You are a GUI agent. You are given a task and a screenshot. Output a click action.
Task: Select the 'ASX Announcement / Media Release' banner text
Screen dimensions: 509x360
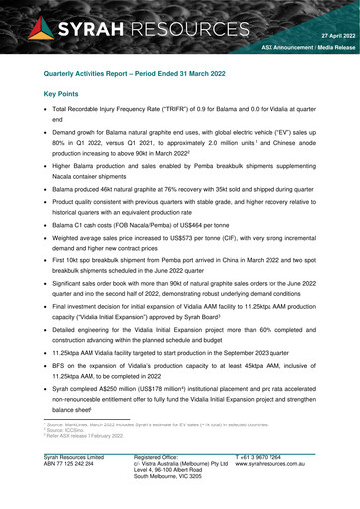304,47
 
